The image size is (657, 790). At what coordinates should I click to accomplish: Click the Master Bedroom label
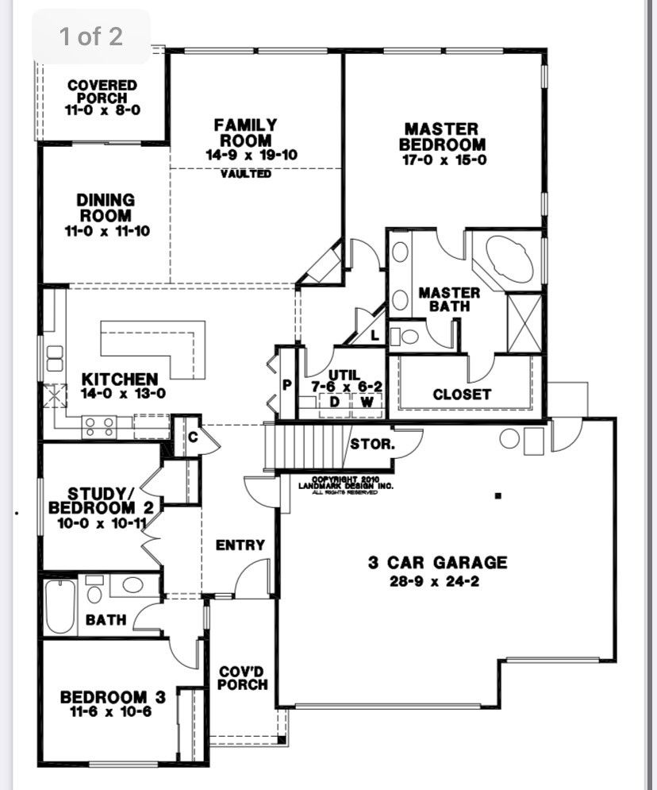(442, 137)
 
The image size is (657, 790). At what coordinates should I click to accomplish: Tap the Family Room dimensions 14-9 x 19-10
(252, 155)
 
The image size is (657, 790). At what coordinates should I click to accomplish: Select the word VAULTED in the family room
(246, 174)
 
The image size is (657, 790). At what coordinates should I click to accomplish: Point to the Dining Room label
(106, 207)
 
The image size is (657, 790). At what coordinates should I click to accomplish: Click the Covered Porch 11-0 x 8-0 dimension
(102, 110)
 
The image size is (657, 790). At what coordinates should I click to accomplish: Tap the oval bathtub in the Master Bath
(508, 261)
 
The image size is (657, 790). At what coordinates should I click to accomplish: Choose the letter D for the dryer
(334, 402)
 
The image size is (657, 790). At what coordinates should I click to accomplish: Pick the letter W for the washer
(367, 402)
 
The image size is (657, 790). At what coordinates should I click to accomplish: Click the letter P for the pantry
(287, 385)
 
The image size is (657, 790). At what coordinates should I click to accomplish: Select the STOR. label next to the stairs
(373, 445)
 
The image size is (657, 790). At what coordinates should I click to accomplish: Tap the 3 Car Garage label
(437, 562)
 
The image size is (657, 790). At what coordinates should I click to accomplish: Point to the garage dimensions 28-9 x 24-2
(434, 581)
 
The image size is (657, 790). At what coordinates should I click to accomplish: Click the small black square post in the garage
(498, 495)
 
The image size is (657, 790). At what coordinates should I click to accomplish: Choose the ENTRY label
(240, 545)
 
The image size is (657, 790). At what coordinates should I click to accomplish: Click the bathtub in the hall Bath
(60, 607)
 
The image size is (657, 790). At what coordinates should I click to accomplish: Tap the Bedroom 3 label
(113, 697)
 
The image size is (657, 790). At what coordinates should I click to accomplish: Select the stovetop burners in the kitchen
(99, 426)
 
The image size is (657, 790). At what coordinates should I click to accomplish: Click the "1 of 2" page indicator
(90, 37)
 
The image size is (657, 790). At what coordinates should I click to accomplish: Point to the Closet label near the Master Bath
(462, 395)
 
